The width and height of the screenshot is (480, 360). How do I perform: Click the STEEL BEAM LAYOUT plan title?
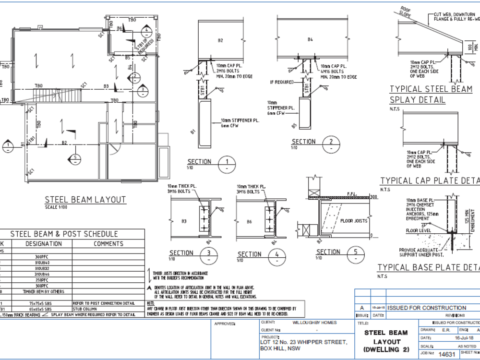[85, 200]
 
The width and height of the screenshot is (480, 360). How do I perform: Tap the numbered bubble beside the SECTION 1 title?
[227, 165]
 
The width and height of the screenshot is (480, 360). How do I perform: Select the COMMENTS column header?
[108, 243]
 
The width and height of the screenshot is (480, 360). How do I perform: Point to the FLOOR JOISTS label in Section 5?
[354, 221]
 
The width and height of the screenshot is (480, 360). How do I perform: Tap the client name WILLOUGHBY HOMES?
[314, 323]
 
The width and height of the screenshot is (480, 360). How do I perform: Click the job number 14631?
[447, 354]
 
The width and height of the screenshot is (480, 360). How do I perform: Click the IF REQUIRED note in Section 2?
[281, 82]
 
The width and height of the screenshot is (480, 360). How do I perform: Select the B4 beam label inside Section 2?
[310, 39]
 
